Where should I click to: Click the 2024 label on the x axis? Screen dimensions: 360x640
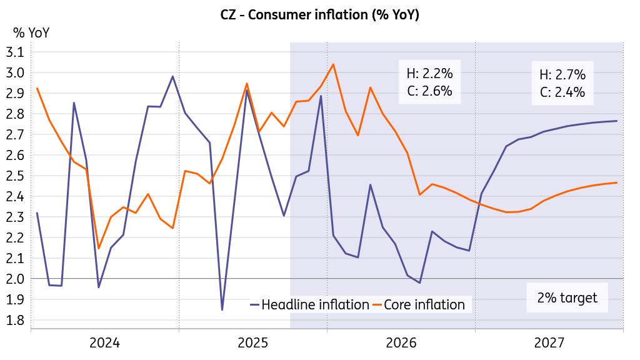(104, 342)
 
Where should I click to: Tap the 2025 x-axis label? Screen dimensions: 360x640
(253, 342)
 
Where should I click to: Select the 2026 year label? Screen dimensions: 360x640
(401, 342)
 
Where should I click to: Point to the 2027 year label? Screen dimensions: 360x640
(549, 342)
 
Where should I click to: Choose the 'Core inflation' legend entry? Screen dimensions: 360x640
(424, 305)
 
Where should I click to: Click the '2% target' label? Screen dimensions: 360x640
(567, 298)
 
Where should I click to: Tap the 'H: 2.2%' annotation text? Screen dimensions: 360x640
(429, 74)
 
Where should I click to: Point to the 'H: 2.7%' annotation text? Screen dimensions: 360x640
(562, 75)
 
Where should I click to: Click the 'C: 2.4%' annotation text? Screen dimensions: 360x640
(562, 92)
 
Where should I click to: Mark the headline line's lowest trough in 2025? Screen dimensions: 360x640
(222, 309)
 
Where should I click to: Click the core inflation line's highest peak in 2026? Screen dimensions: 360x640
(333, 64)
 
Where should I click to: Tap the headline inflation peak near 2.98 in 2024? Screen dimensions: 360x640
(172, 76)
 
